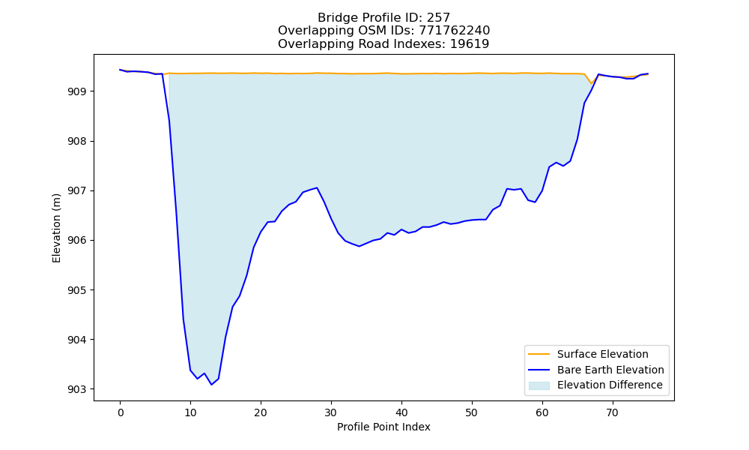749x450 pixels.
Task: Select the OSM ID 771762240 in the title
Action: [x=455, y=31]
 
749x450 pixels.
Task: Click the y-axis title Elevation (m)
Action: [x=56, y=228]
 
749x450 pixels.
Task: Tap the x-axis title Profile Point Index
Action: [x=383, y=427]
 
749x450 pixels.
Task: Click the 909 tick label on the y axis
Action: [x=77, y=91]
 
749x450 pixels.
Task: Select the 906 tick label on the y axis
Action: [x=77, y=241]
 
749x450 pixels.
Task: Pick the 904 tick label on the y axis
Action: [x=77, y=340]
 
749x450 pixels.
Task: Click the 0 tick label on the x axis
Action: [x=121, y=412]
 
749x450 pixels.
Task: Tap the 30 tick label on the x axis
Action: [x=331, y=412]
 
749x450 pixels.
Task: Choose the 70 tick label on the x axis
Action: [x=613, y=412]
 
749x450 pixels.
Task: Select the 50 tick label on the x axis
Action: [x=472, y=412]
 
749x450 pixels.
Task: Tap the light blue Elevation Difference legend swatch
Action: [x=539, y=385]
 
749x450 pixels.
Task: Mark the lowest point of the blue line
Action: [x=212, y=385]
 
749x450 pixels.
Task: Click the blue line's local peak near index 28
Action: [x=317, y=187]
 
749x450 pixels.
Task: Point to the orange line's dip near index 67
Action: [x=592, y=84]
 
